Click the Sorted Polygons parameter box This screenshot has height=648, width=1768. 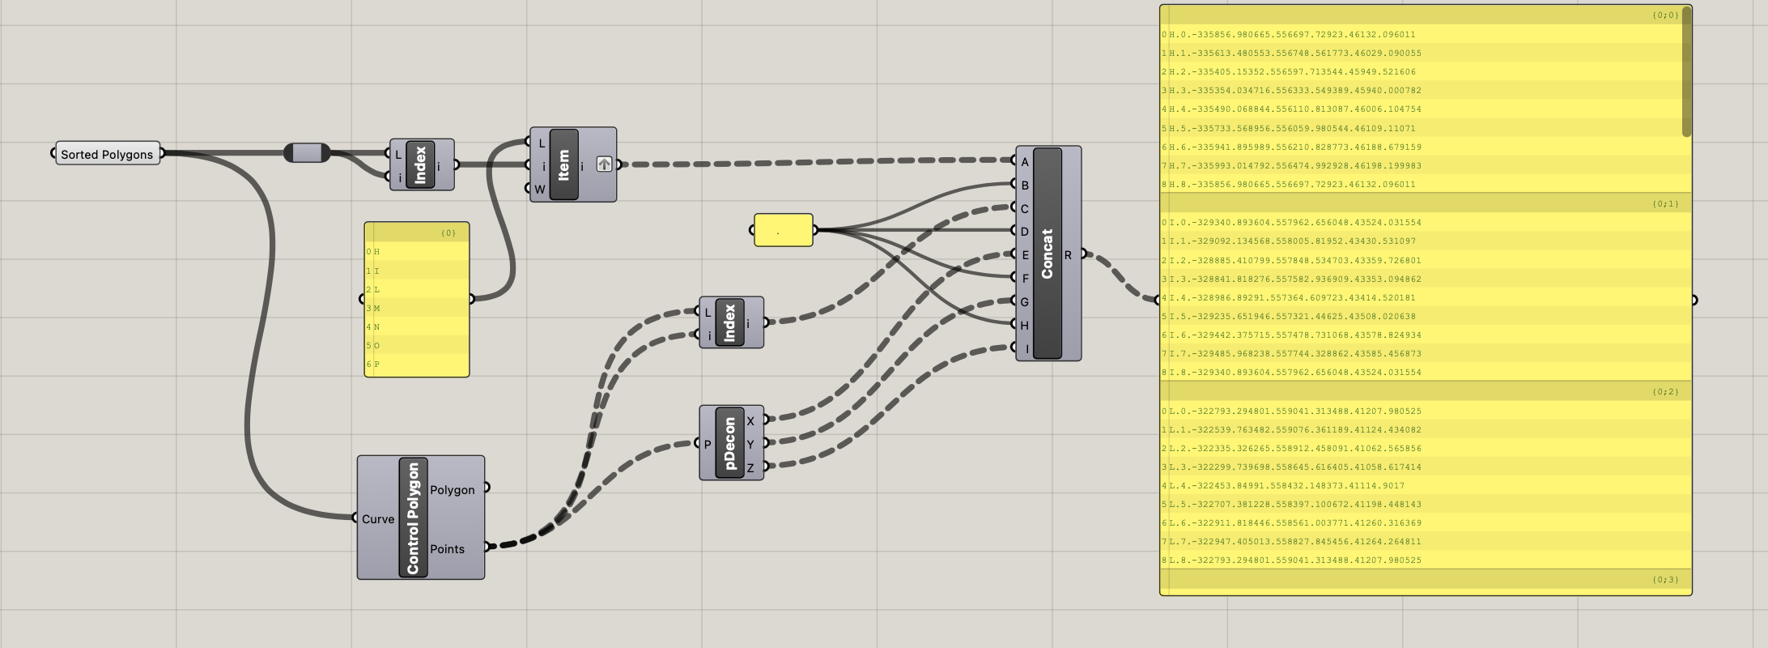coord(107,154)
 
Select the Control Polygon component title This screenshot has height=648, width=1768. coord(413,518)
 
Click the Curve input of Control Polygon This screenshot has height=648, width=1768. coord(377,519)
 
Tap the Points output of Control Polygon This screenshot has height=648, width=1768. coord(448,549)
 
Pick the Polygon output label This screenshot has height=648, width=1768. coord(452,490)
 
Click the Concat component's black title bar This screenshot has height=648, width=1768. coord(1047,254)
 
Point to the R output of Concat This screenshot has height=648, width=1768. coord(1068,255)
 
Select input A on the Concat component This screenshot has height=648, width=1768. coord(1024,162)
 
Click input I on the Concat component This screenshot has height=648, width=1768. coord(1026,349)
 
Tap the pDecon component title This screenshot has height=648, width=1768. coord(729,443)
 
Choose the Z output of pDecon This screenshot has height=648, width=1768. coord(750,467)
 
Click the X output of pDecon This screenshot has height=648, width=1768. coord(750,421)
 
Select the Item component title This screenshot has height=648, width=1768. coord(563,164)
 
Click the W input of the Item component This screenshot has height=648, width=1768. coord(540,190)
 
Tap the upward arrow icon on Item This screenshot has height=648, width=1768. coord(604,164)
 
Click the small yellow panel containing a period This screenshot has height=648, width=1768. coord(783,230)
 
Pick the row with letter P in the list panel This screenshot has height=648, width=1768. coord(417,364)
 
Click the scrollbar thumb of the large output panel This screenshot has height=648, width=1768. coord(1687,73)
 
